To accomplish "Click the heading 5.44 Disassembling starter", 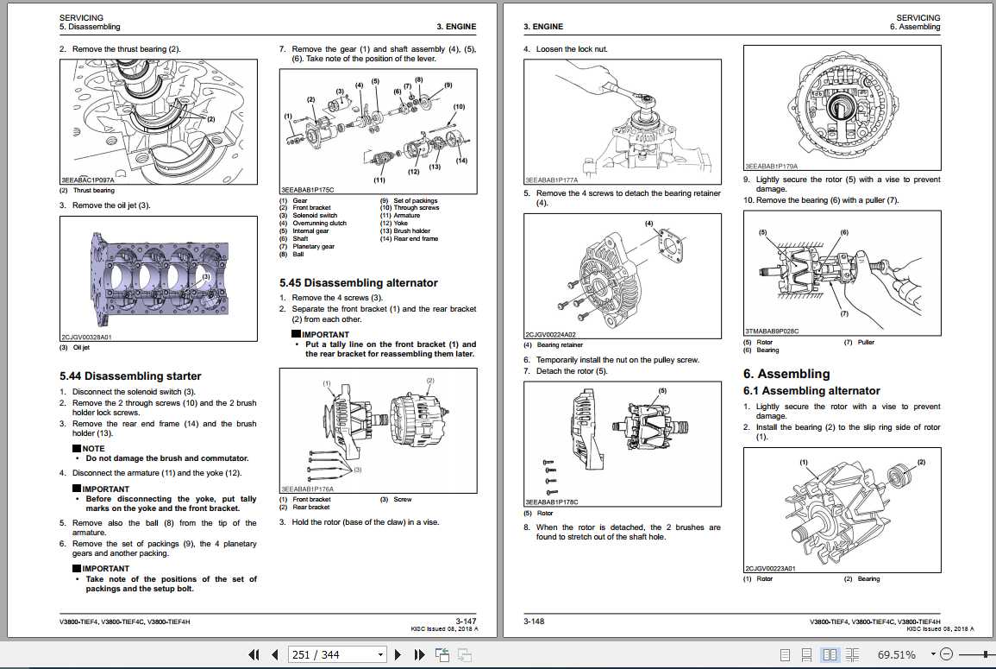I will click(130, 376).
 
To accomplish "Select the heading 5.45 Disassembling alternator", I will click(358, 283).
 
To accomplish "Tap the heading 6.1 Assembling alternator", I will click(811, 391).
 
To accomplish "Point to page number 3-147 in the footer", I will click(466, 621).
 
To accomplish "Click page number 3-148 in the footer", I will click(536, 621).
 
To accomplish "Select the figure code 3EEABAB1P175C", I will click(307, 188).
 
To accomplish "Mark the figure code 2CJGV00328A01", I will click(86, 338).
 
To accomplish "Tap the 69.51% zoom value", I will click(897, 655).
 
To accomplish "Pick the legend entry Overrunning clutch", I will click(319, 224).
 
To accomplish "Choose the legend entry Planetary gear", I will click(313, 247).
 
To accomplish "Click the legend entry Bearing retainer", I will click(560, 345).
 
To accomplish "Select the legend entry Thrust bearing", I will click(93, 191).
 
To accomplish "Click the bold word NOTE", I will click(93, 449).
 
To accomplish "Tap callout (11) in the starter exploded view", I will click(379, 180).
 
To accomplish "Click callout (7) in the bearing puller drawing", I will click(843, 313).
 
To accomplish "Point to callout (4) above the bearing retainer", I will click(648, 224).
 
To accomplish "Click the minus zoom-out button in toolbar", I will click(946, 654).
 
